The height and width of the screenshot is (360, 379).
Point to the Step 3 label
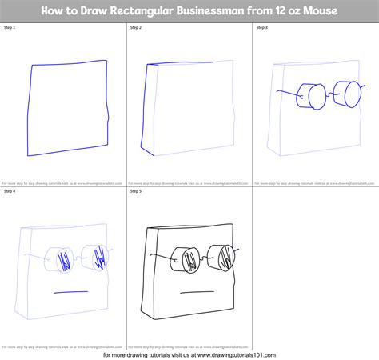[x=262, y=27]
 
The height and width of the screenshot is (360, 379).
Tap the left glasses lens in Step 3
[x=306, y=96]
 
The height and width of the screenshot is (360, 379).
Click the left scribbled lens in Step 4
[x=58, y=258]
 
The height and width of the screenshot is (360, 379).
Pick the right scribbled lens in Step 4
[x=98, y=258]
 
